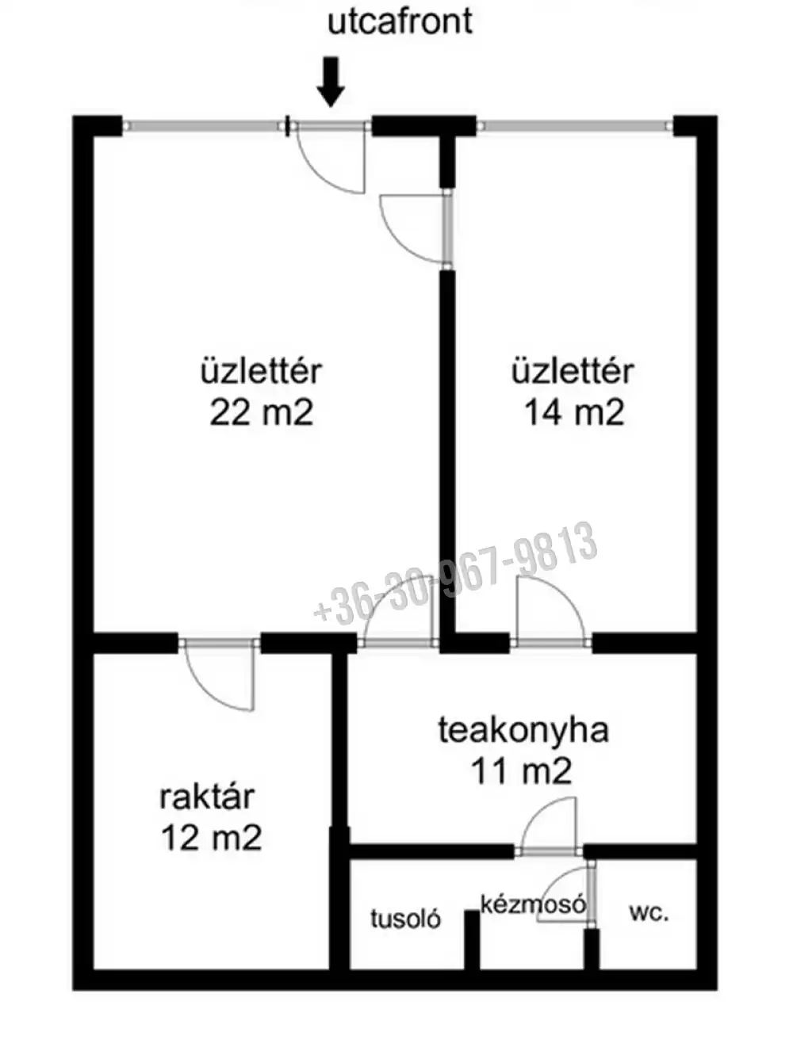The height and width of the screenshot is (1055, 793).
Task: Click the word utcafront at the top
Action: point(400,21)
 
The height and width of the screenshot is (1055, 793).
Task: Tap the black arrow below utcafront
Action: point(331,81)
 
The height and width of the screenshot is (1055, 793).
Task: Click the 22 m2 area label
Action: point(261,412)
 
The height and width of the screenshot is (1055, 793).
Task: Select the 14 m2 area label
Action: point(573,412)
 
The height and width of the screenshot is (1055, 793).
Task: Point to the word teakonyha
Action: point(523,730)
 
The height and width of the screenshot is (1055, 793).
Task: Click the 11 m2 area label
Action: point(521,770)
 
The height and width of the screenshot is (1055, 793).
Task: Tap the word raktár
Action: point(207,797)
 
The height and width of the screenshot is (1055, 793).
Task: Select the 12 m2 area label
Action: point(211,837)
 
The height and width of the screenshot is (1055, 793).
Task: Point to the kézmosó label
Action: point(533,904)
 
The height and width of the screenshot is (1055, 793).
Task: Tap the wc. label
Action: point(649,912)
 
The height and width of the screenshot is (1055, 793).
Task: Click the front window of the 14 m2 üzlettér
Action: point(574,124)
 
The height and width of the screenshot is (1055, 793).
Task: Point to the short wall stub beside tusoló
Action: point(471,939)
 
